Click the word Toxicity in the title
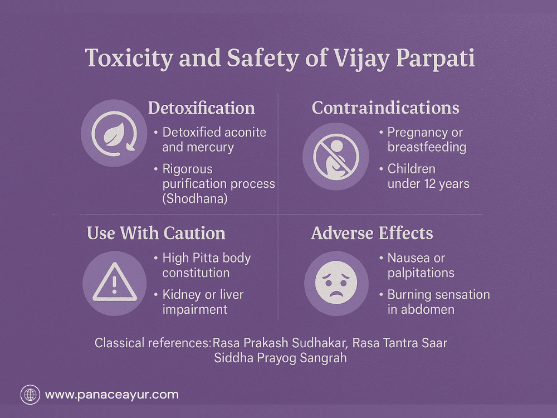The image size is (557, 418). pyautogui.click(x=129, y=59)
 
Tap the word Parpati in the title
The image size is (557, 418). pyautogui.click(x=435, y=59)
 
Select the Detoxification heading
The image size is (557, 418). pyautogui.click(x=202, y=108)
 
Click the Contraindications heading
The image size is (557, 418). pyautogui.click(x=385, y=108)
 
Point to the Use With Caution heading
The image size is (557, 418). pyautogui.click(x=156, y=233)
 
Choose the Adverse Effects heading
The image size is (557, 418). pyautogui.click(x=372, y=233)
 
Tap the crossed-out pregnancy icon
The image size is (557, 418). pyautogui.click(x=336, y=157)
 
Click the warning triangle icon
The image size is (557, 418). pyautogui.click(x=114, y=283)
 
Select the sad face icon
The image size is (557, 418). pyautogui.click(x=336, y=283)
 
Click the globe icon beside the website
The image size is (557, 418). pyautogui.click(x=30, y=395)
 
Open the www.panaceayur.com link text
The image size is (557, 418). pyautogui.click(x=112, y=395)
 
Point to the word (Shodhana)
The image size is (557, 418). pyautogui.click(x=195, y=198)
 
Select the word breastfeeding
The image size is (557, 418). pyautogui.click(x=427, y=147)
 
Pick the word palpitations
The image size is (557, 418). pyautogui.click(x=421, y=273)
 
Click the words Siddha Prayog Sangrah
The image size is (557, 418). pyautogui.click(x=280, y=358)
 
